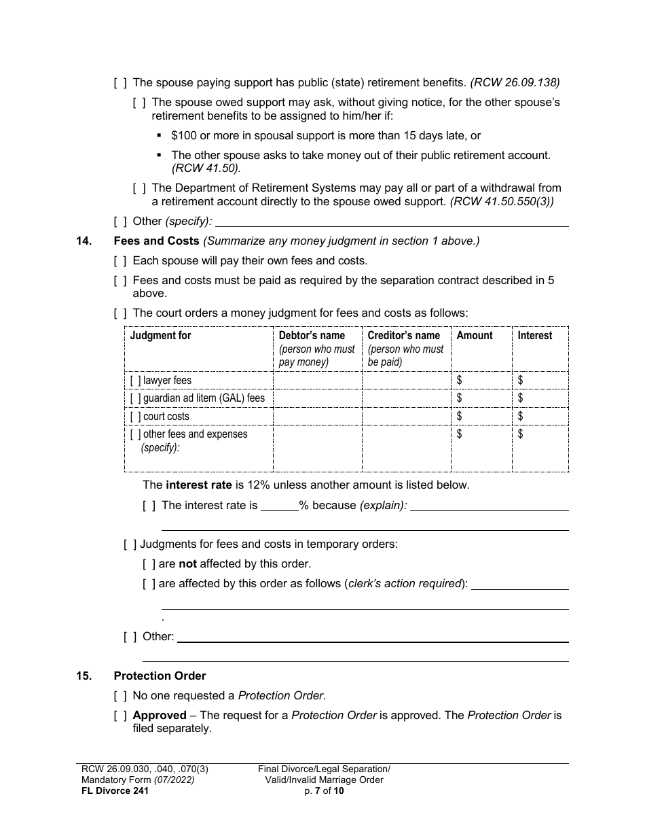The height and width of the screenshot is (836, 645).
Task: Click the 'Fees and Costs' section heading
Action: pos(156,241)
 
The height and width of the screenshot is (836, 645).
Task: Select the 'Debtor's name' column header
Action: pos(312,336)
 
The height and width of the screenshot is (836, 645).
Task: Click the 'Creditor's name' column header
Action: pos(403,336)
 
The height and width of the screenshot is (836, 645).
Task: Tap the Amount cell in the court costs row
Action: pos(481,416)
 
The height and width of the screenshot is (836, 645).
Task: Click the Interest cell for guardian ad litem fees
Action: pos(540,398)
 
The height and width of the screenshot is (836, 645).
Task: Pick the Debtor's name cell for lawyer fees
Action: pos(317,381)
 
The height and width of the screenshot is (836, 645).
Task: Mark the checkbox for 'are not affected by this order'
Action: pos(149,563)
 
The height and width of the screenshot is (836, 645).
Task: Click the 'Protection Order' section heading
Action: pos(160,676)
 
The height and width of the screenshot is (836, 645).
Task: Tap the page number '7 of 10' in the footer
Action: pos(324,790)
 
